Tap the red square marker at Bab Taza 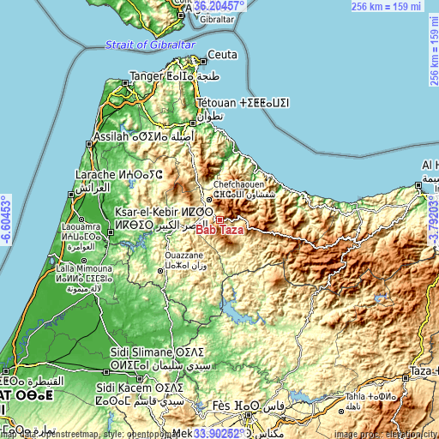(x=219, y=220)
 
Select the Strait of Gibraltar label (x=149, y=45)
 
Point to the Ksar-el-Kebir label (x=149, y=210)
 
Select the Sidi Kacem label (x=135, y=400)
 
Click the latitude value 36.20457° (x=220, y=5)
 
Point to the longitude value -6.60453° (x=6, y=219)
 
